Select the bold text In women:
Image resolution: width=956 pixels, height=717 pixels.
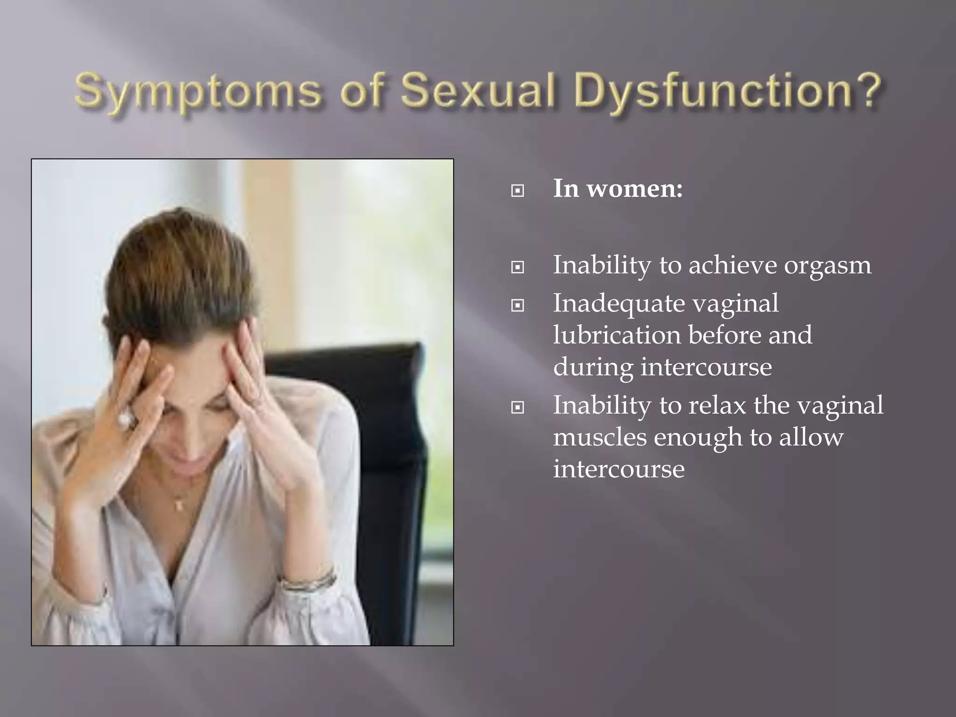618,189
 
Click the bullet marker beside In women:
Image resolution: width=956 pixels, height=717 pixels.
517,191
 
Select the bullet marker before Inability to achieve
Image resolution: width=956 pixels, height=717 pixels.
517,267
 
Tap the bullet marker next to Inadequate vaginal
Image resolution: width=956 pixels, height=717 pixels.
517,306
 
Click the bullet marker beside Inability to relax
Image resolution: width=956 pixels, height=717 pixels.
517,408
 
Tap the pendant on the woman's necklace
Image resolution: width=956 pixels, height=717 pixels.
178,505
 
